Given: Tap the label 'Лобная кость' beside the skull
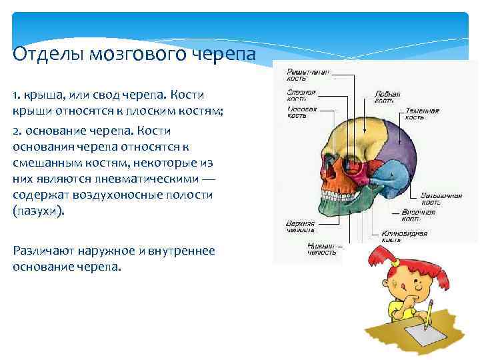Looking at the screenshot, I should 387,98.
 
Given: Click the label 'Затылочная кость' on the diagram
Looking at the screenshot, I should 441,199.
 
